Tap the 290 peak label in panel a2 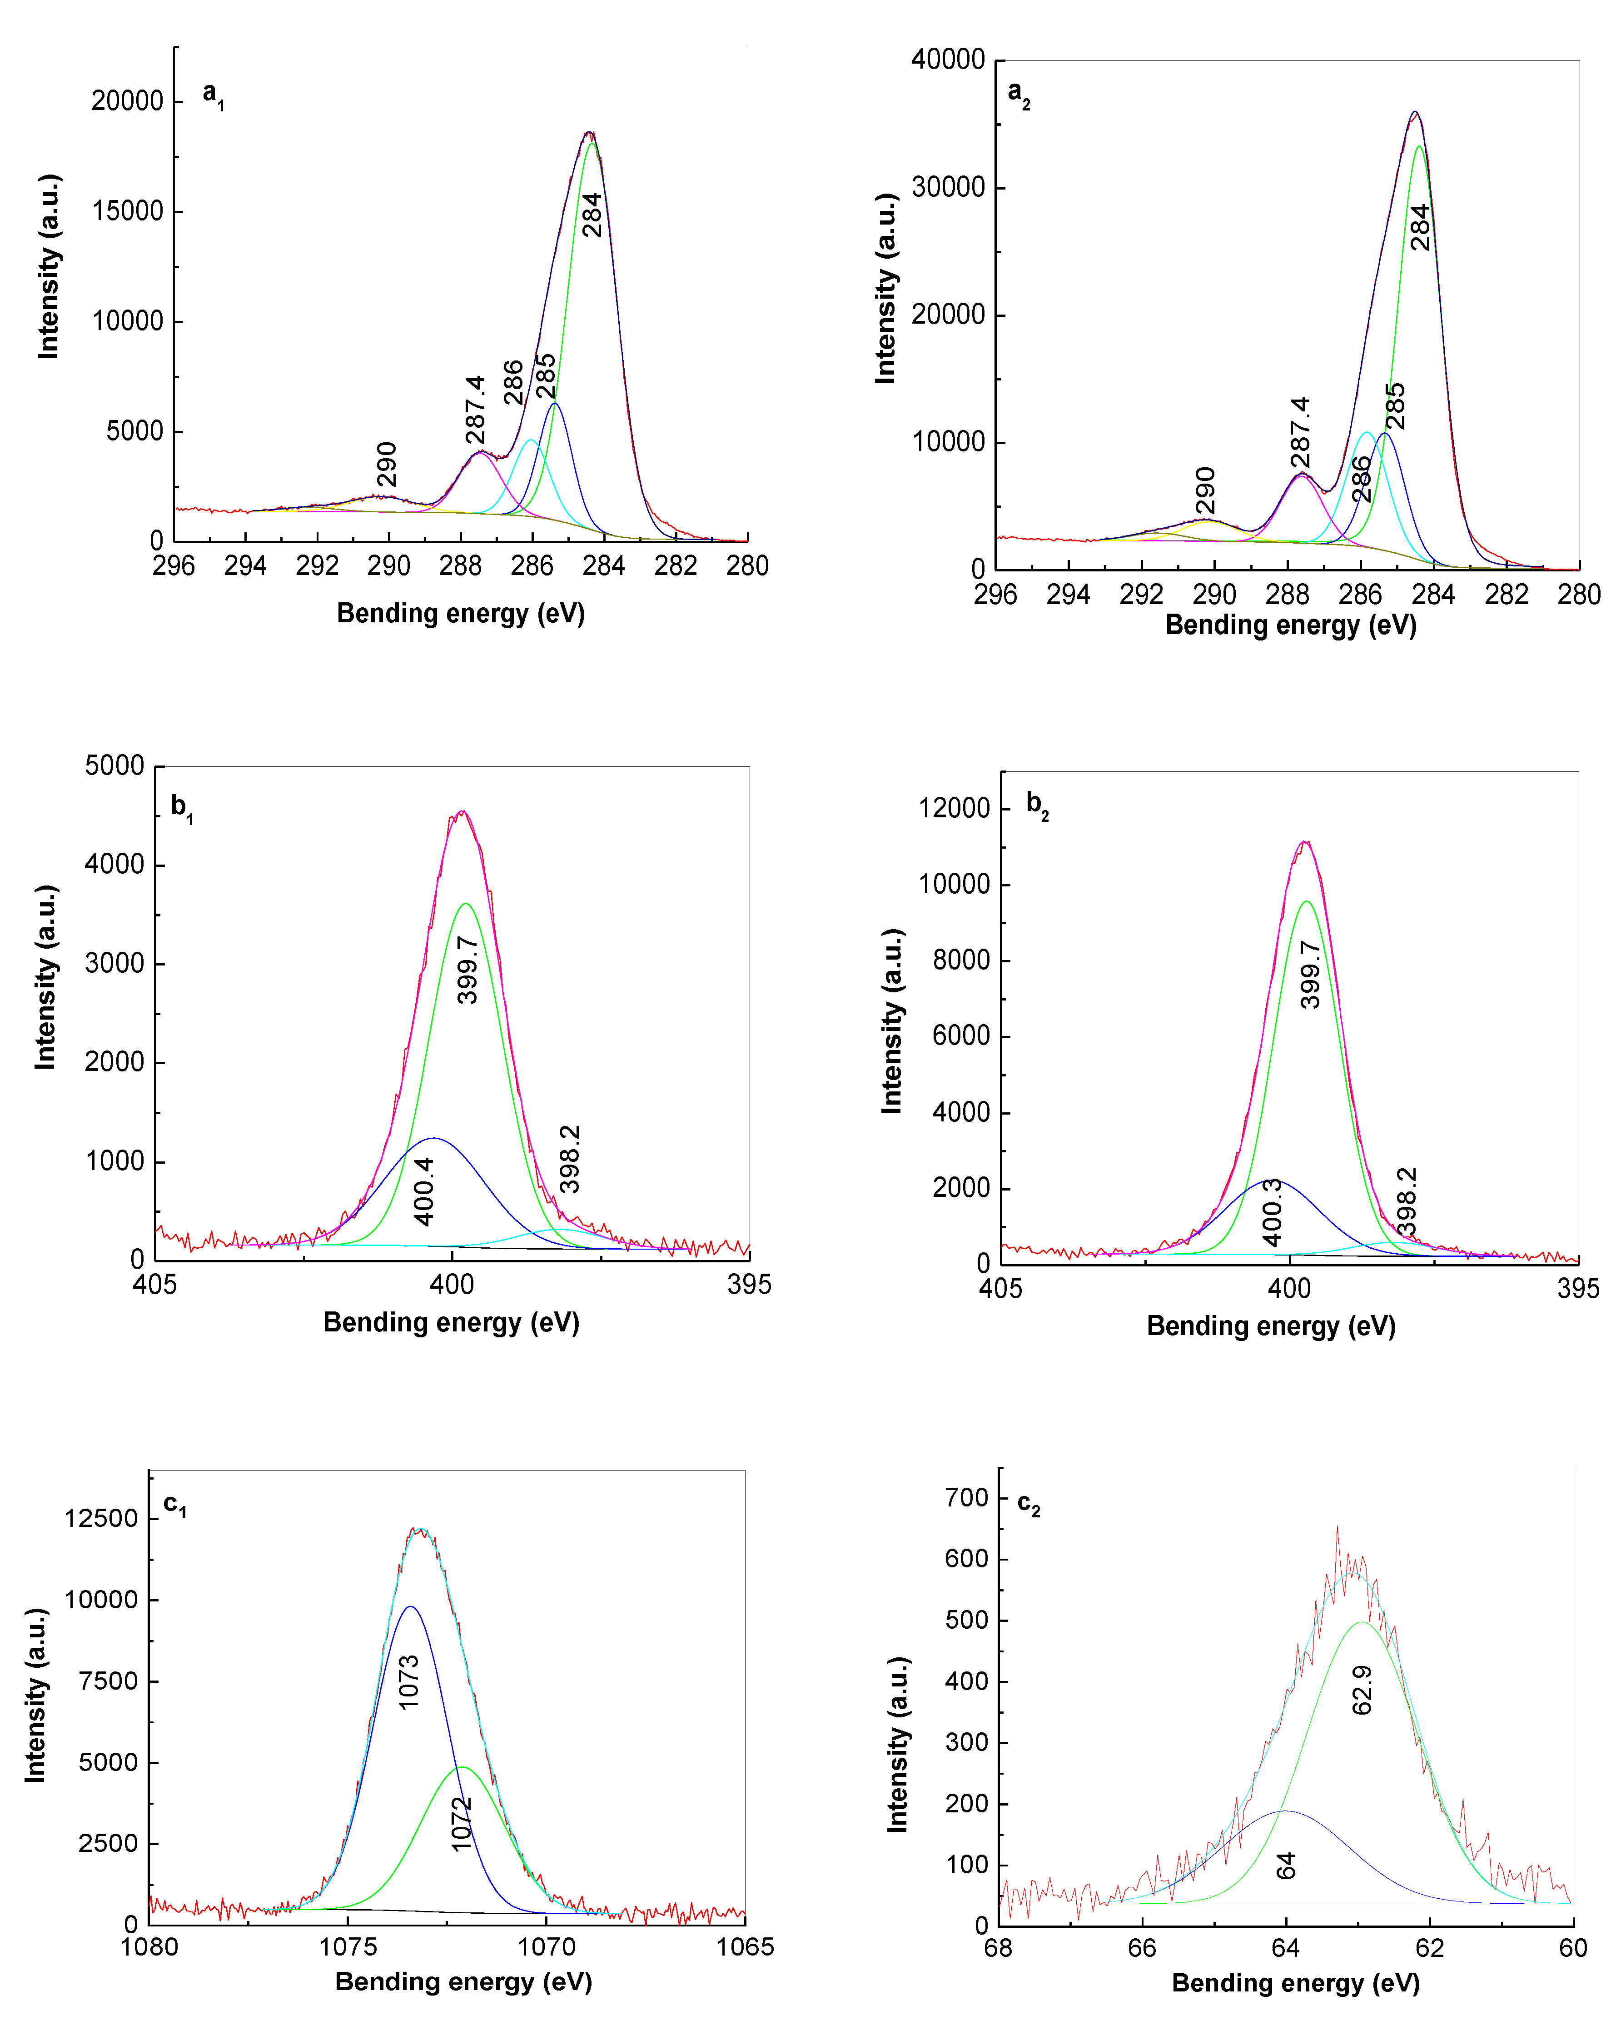1205,490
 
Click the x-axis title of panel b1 451,1323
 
